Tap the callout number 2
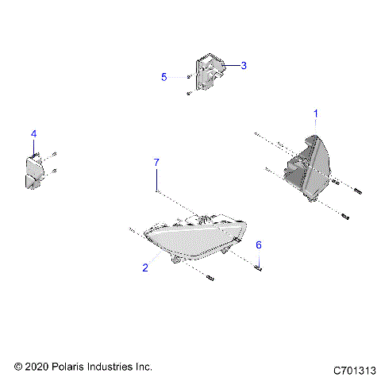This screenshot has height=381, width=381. [x=145, y=267]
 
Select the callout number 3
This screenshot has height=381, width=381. [x=244, y=66]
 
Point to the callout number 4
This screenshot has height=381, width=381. [x=33, y=133]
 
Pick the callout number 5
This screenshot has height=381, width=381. [x=164, y=77]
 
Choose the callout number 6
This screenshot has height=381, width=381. [x=258, y=246]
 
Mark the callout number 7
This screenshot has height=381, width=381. [x=156, y=163]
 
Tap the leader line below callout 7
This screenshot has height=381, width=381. [x=156, y=179]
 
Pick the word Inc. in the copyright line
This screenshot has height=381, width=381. [x=143, y=368]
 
